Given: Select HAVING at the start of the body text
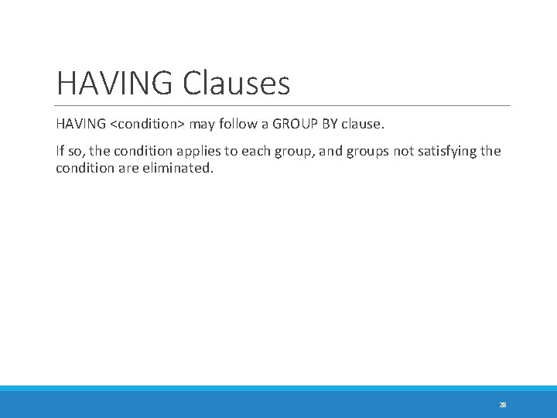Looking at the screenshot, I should (x=79, y=124).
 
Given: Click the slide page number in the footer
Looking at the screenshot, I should (x=503, y=405).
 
